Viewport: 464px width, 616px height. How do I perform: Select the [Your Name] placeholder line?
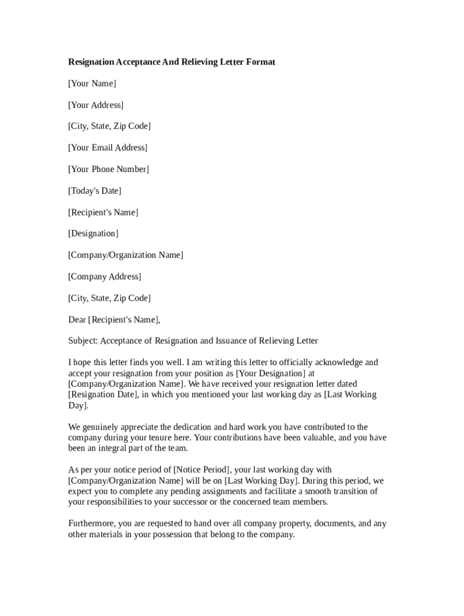tap(92, 84)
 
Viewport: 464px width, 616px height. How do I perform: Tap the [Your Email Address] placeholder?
tap(108, 148)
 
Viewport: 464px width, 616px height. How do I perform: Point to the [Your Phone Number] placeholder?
tap(108, 170)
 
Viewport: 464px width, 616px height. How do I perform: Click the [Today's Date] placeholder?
tap(95, 191)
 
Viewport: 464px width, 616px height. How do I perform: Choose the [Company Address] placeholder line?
tap(105, 277)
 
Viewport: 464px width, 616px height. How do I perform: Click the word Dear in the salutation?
tap(77, 320)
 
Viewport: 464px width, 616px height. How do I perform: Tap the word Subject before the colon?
tap(83, 341)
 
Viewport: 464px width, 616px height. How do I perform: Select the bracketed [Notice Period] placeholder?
tap(202, 470)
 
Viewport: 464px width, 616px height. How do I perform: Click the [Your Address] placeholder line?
tap(96, 105)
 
